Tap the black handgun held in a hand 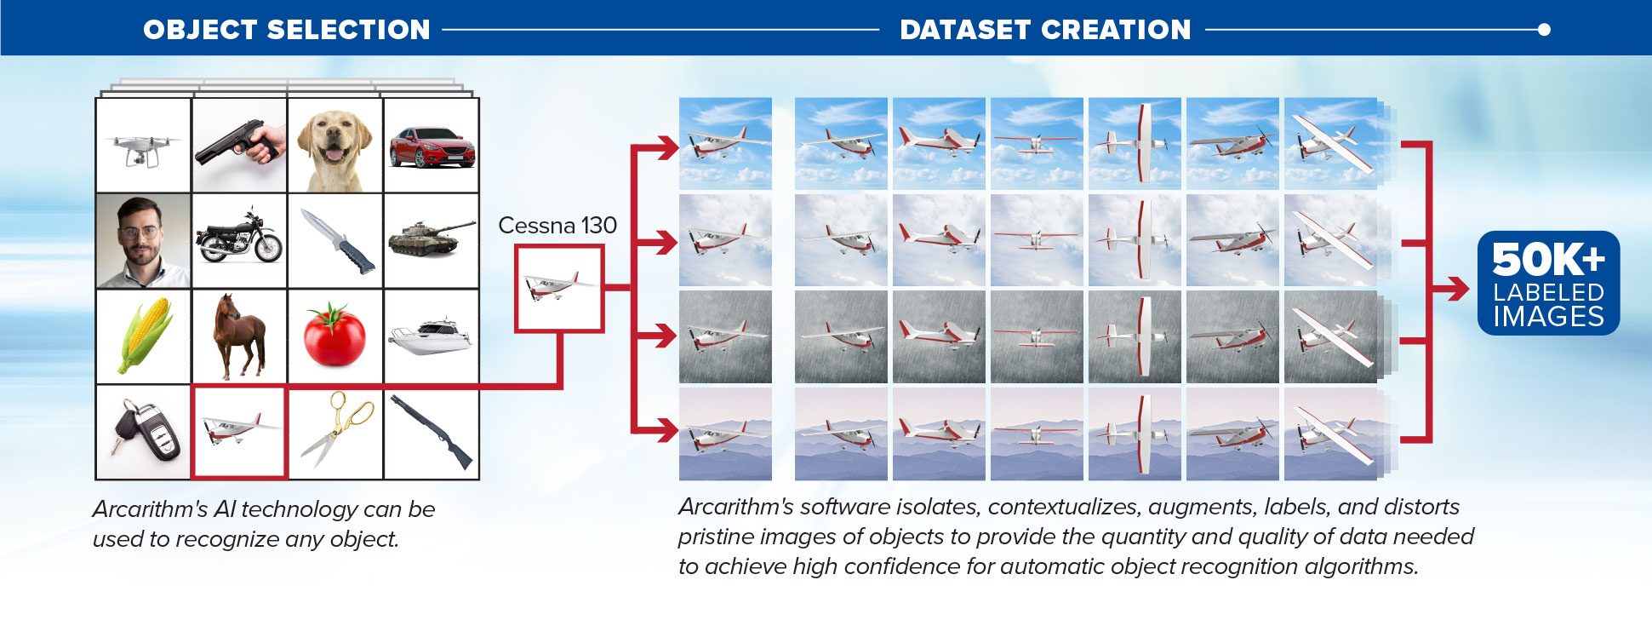click(238, 144)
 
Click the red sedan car click(432, 147)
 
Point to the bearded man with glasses click(142, 242)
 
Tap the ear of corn click(145, 334)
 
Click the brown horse click(240, 336)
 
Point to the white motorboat click(431, 336)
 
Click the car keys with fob click(145, 432)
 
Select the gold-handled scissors click(337, 428)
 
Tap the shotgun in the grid click(432, 431)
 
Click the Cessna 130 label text click(557, 226)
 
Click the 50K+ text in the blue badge click(1548, 259)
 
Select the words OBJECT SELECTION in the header click(287, 30)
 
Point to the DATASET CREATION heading click(1045, 30)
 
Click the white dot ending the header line click(1544, 30)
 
